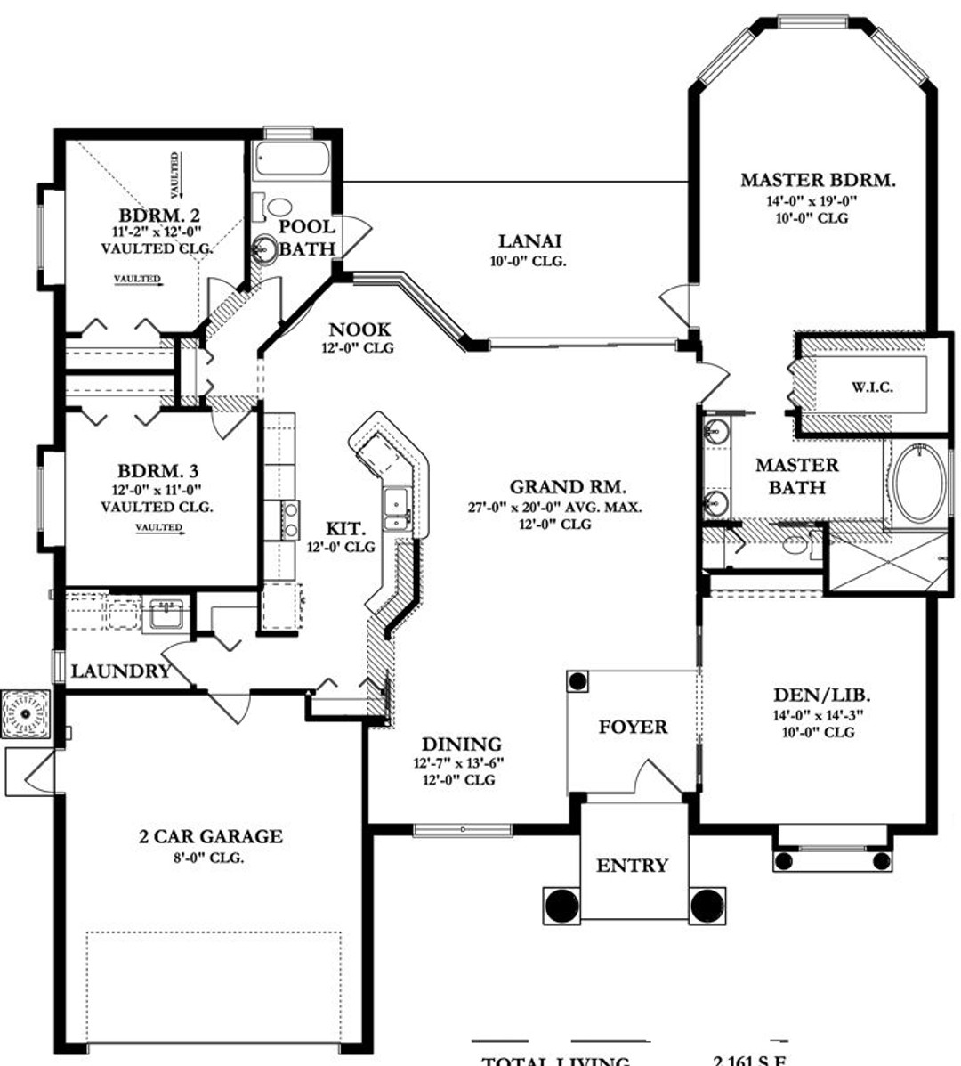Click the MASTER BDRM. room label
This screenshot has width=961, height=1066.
coord(818,180)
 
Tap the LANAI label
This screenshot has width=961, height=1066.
coord(529,240)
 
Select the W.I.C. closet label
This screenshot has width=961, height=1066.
coord(871,387)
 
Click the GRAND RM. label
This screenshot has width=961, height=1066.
coord(568,487)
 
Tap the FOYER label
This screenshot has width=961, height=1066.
coord(633,727)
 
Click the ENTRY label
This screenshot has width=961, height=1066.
coord(632,865)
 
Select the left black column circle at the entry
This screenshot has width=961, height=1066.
coord(561,904)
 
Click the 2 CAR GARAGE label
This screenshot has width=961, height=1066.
coord(211,836)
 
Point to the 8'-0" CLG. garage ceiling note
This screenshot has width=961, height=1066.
coord(211,858)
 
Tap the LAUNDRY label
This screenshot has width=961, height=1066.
coord(120,671)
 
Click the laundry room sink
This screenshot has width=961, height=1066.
coord(166,614)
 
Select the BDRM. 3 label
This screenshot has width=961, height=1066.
coord(157,471)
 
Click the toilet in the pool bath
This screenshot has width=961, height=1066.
coord(279,208)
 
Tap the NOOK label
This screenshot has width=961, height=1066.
coord(359,330)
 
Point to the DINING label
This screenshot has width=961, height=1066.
coord(461,745)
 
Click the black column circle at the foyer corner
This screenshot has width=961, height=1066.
coord(578,682)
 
